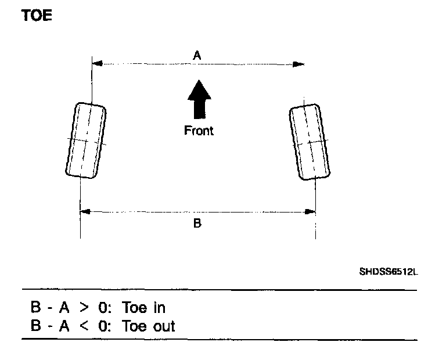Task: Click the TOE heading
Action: (37, 16)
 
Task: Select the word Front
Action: (199, 131)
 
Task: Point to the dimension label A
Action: (197, 55)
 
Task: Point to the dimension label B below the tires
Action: (197, 223)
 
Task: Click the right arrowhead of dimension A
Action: (300, 63)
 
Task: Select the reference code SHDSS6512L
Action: (388, 271)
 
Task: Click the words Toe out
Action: (149, 326)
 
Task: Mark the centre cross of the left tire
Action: (85, 141)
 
